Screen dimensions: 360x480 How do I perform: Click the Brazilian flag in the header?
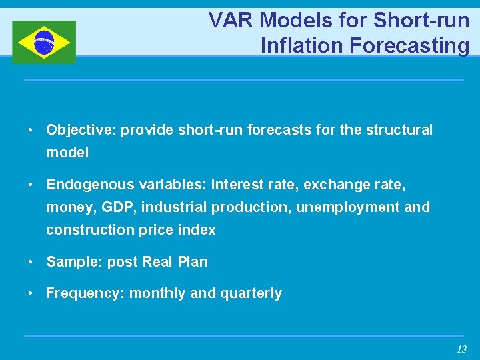(x=44, y=42)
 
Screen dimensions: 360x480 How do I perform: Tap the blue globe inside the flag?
(x=44, y=41)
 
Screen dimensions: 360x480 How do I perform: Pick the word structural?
(x=399, y=130)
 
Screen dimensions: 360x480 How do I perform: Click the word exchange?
(x=326, y=184)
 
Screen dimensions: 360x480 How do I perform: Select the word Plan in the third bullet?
(x=193, y=262)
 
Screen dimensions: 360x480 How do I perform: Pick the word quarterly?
(x=251, y=293)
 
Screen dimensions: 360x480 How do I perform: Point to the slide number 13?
(x=461, y=349)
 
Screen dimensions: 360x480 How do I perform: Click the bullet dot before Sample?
(x=31, y=262)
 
